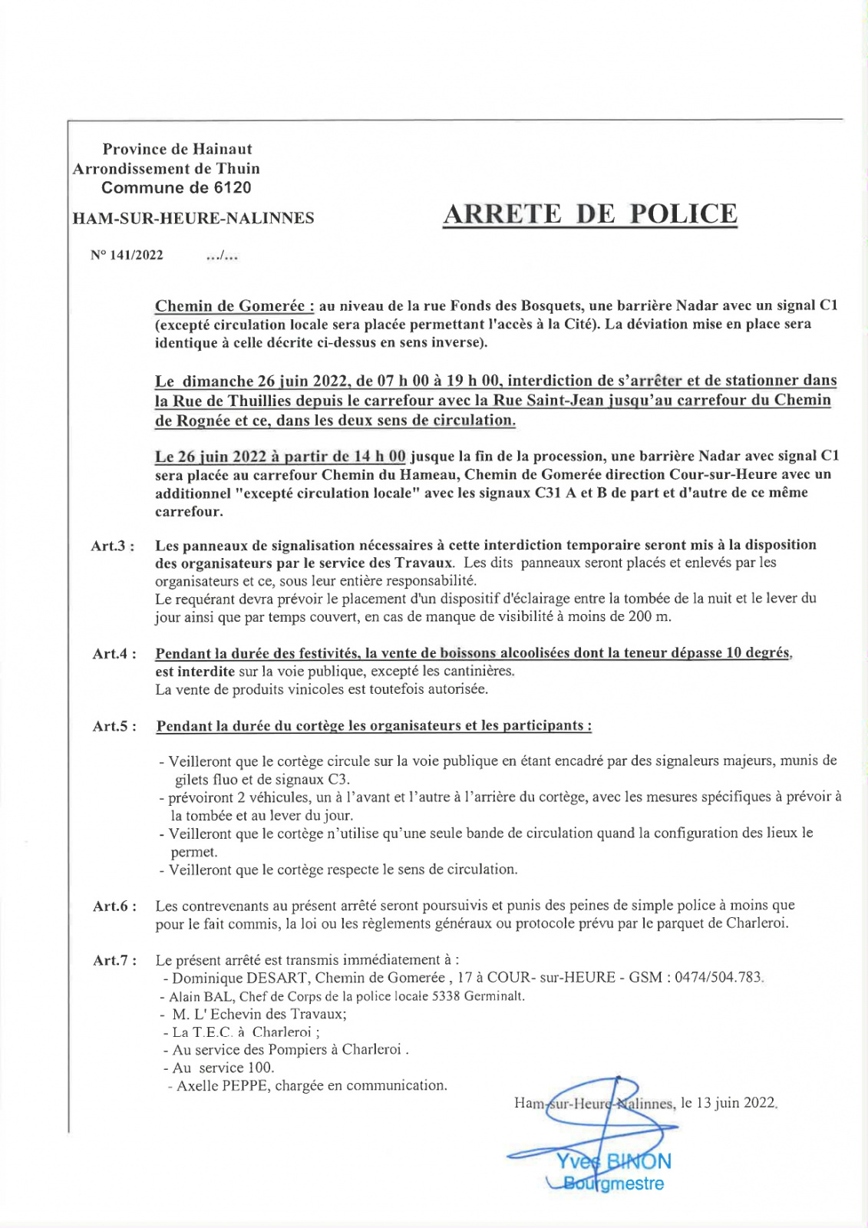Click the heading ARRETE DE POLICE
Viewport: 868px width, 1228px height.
589,214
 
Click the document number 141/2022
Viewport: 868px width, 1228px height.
136,256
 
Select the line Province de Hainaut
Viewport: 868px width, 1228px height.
177,149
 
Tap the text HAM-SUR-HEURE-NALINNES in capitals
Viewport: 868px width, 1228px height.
193,218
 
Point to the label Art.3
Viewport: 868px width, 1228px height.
113,546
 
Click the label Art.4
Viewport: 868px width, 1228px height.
114,654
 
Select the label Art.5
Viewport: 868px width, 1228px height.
114,726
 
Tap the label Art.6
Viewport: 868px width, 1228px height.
114,906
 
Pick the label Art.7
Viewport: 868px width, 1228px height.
114,960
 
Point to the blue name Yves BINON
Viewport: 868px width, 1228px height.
613,1161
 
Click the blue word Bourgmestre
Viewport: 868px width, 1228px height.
613,1183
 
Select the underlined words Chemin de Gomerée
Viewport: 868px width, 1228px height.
234,306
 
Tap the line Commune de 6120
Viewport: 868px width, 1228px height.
176,188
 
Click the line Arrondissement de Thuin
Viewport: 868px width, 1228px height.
167,169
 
